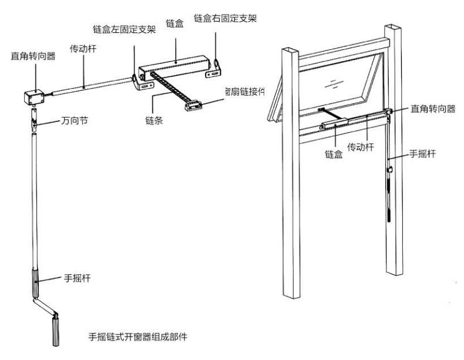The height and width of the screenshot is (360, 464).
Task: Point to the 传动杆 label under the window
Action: tap(361, 148)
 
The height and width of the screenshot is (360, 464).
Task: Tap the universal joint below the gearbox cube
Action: tap(35, 122)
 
